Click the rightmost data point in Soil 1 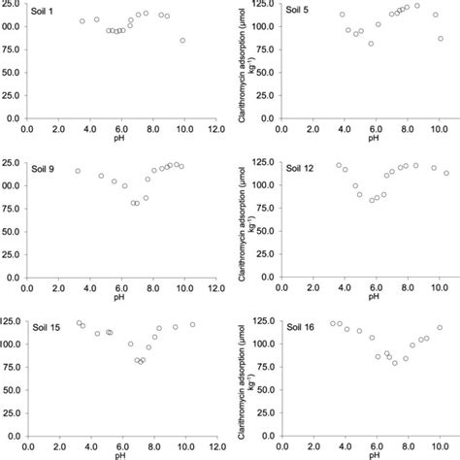tap(182, 41)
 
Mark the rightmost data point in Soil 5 tap(441, 39)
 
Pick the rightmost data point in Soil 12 tap(446, 173)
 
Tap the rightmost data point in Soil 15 tap(192, 324)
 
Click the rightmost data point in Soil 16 tap(440, 328)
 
